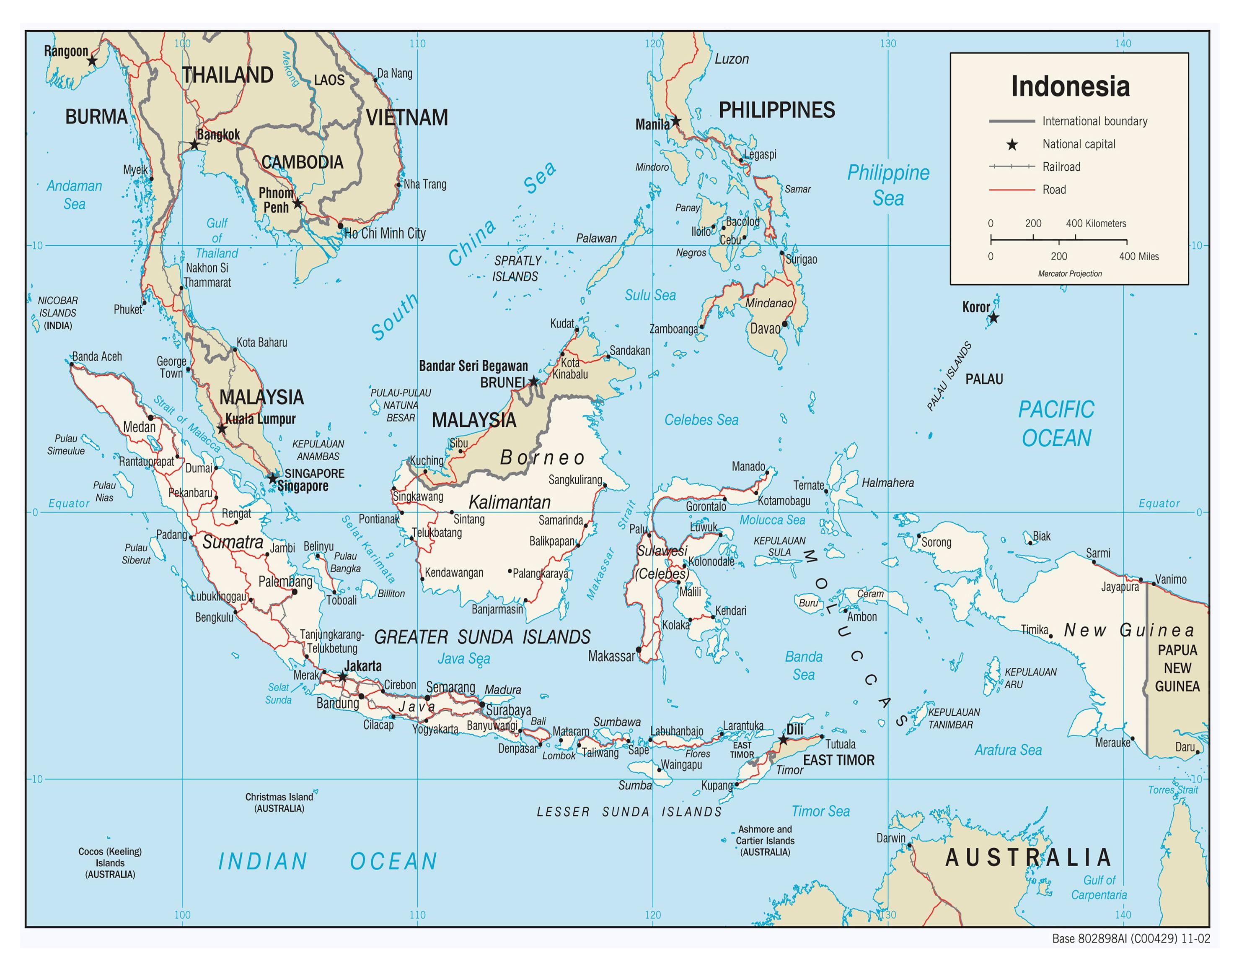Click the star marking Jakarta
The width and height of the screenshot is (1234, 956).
[x=342, y=677]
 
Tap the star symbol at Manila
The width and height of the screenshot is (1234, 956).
[x=676, y=121]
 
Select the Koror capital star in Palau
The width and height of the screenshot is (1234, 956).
[x=993, y=318]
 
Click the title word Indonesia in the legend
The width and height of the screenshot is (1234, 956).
[x=1070, y=86]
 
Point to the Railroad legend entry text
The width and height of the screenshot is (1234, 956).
[x=1061, y=167]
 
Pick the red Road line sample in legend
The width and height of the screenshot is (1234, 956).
[x=1012, y=190]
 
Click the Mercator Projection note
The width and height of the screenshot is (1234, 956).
[x=1070, y=274]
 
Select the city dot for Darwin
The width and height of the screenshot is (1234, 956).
[x=909, y=846]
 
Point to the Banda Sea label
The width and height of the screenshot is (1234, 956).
[x=803, y=665]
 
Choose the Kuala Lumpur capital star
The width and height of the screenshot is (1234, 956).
[x=222, y=429]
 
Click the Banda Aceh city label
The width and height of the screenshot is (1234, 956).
[x=97, y=357]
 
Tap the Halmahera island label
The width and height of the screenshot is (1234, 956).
[x=887, y=483]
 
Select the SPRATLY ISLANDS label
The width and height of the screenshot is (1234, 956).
[x=516, y=268]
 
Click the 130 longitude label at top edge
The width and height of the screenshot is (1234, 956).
[x=887, y=44]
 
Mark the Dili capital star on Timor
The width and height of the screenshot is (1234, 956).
[x=783, y=740]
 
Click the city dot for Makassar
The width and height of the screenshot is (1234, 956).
[x=639, y=649]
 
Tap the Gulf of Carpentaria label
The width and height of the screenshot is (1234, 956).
[x=1099, y=888]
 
